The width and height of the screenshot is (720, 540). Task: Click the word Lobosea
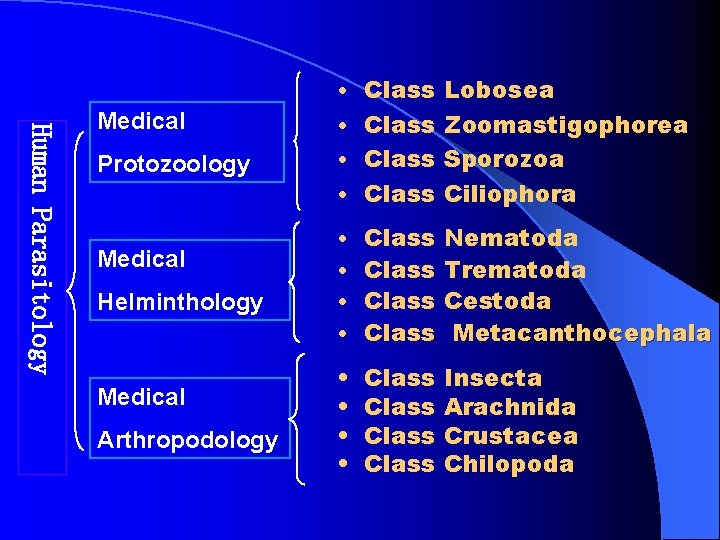tap(498, 90)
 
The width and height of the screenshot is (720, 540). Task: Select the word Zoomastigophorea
tap(565, 125)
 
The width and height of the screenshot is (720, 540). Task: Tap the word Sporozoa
tap(503, 159)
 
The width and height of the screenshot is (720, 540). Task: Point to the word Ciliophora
tap(509, 194)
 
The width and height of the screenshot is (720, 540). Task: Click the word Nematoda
tap(510, 238)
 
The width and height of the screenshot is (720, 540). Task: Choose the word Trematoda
tap(514, 270)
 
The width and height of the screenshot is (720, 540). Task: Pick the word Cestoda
tap(497, 301)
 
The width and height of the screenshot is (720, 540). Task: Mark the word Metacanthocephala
tap(581, 333)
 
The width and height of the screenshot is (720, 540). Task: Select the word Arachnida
tap(509, 407)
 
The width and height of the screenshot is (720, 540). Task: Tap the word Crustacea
tap(510, 436)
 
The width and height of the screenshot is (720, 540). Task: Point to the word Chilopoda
tap(508, 464)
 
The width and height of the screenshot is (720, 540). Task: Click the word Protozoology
tap(173, 165)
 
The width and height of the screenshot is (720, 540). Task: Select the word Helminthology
tap(180, 302)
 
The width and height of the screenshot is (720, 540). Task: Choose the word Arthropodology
tap(187, 440)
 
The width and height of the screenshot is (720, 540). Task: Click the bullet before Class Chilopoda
tap(343, 465)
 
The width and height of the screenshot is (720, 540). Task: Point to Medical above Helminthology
tap(141, 259)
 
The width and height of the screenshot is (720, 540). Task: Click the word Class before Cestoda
tap(399, 301)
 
